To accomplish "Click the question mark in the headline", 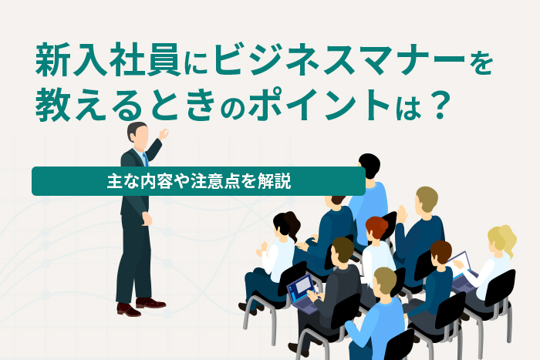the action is coord(440,105).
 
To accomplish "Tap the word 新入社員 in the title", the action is coord(108,60).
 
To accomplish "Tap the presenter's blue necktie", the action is coord(145,160).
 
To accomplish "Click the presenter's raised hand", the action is coord(164,133).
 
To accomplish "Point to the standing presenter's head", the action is coord(138,134).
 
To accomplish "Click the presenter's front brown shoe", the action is coord(129,309).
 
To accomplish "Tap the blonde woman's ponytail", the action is coord(509,237).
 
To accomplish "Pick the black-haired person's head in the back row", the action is coord(370,166).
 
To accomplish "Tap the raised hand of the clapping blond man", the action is coord(402,214).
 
